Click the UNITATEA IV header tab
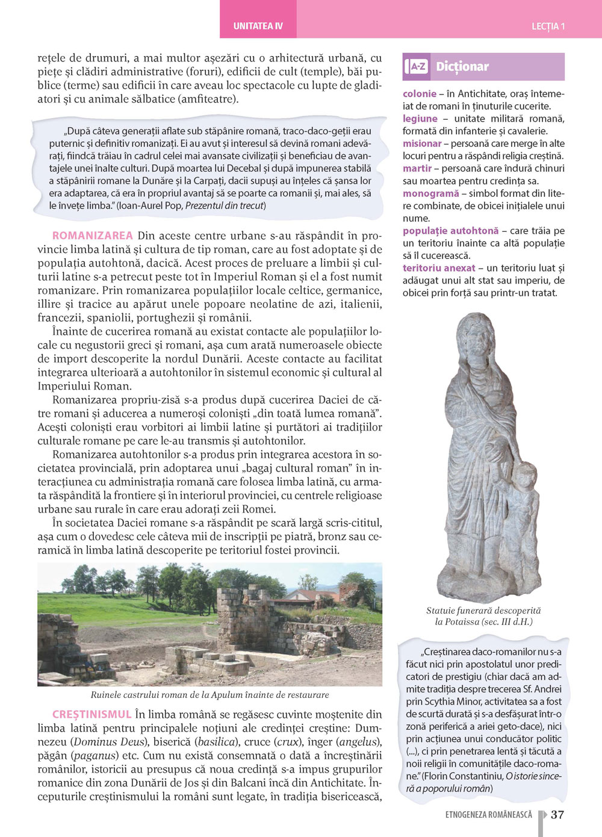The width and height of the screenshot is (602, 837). (258, 26)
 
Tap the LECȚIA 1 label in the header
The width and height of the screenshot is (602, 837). (548, 26)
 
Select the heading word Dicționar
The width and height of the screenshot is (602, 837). (462, 66)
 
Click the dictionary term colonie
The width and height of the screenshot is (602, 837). (420, 94)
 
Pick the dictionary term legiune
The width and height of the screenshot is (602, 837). (420, 119)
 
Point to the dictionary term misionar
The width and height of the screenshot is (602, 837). (422, 143)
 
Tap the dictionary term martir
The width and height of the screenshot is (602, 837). (417, 169)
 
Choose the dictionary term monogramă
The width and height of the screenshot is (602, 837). (431, 193)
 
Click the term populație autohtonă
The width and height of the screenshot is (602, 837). (451, 231)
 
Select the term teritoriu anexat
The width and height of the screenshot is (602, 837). (439, 268)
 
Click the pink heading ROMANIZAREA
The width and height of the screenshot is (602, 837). (93, 235)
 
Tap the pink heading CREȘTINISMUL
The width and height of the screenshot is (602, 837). (92, 714)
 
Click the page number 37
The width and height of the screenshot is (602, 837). (557, 815)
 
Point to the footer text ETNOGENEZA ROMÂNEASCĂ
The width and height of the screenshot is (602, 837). (489, 815)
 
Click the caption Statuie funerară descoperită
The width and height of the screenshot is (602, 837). (483, 611)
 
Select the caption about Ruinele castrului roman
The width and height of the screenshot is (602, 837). (209, 695)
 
